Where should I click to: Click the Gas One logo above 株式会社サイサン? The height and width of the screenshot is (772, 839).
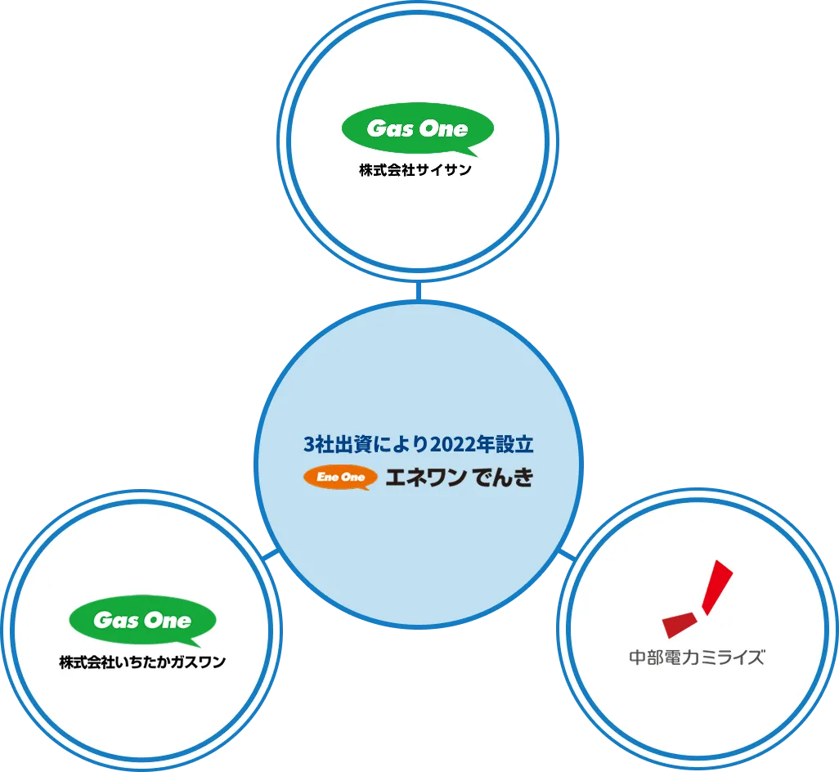click(417, 130)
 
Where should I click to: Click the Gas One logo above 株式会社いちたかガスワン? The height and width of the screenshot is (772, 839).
click(142, 622)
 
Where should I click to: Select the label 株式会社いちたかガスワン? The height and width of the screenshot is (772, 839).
click(141, 662)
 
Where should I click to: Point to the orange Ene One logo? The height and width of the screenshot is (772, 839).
click(340, 478)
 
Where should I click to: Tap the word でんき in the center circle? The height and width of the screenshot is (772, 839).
click(503, 478)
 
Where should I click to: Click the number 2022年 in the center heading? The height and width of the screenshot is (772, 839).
click(461, 446)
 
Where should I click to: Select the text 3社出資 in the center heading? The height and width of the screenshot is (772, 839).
click(334, 446)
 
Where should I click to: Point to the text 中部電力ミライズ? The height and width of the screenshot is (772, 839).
click(697, 657)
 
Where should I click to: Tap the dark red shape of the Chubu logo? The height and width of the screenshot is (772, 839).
click(680, 624)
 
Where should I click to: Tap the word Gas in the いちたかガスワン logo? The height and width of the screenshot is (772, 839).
click(115, 621)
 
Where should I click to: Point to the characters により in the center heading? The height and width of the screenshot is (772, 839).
click(398, 446)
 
